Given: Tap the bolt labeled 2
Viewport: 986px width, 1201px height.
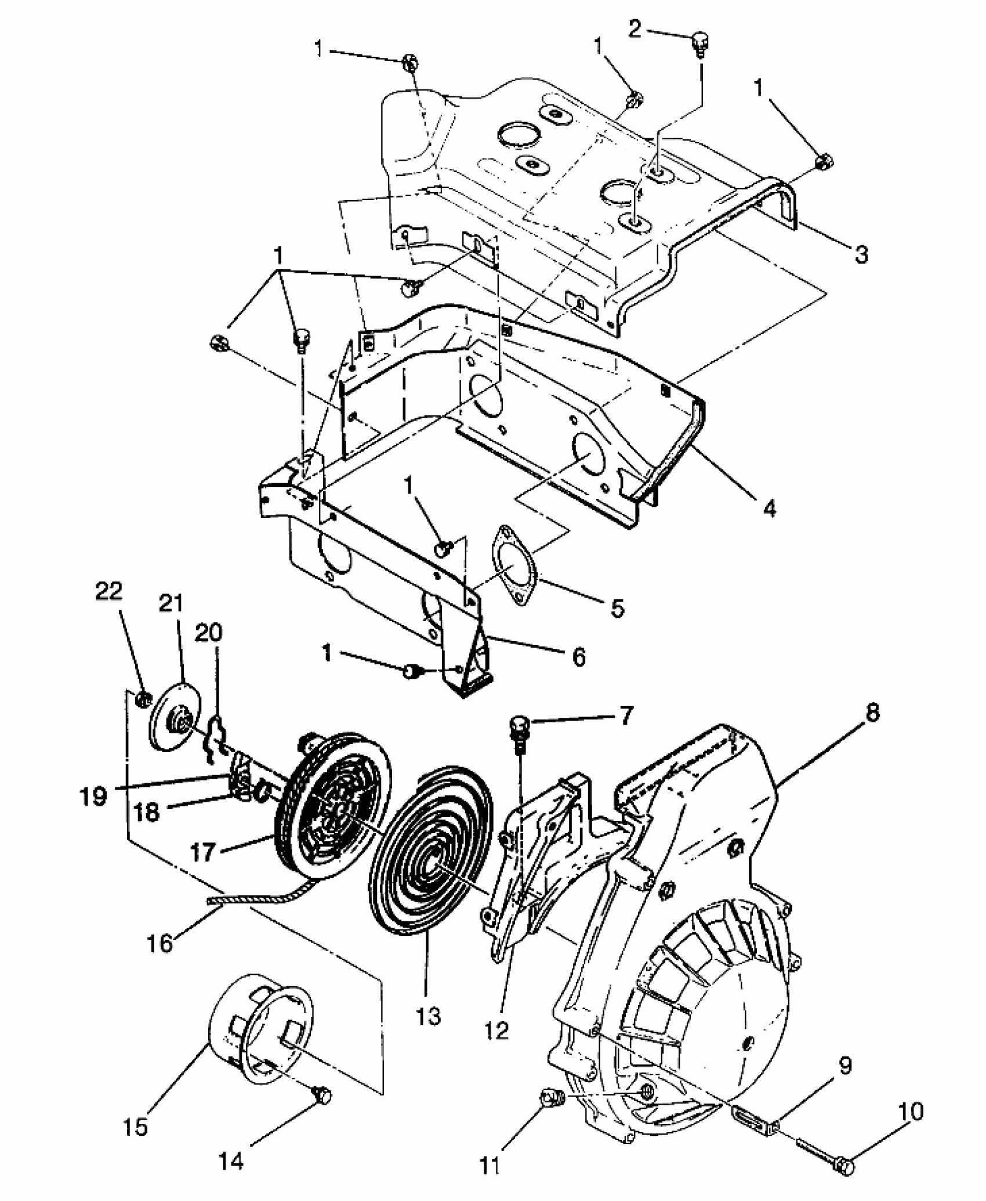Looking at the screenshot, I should pyautogui.click(x=701, y=44).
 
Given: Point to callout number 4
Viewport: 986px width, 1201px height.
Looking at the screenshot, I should pyautogui.click(x=769, y=508).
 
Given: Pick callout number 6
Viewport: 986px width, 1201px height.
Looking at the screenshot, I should pyautogui.click(x=579, y=657).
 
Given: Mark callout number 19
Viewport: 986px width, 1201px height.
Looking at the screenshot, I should pyautogui.click(x=94, y=797).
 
